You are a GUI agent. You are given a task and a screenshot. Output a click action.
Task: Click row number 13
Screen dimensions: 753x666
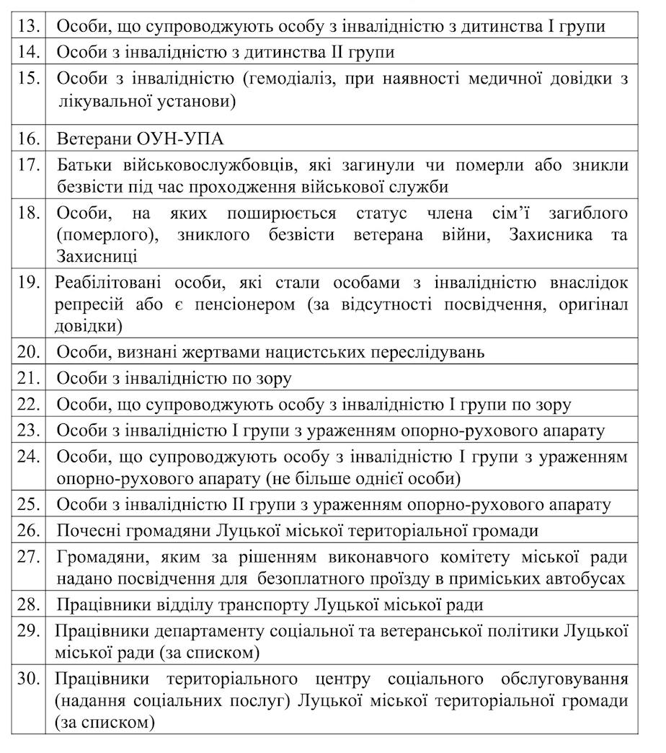click(30, 27)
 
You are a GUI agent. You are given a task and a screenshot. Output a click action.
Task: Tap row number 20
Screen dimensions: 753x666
click(30, 352)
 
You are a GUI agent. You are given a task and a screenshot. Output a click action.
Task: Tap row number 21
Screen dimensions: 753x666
click(30, 378)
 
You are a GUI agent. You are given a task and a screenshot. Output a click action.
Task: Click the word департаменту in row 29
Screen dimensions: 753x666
click(208, 632)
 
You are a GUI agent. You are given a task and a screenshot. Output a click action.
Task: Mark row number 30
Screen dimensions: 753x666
click(30, 679)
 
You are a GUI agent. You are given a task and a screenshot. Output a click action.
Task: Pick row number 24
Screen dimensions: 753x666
click(30, 457)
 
